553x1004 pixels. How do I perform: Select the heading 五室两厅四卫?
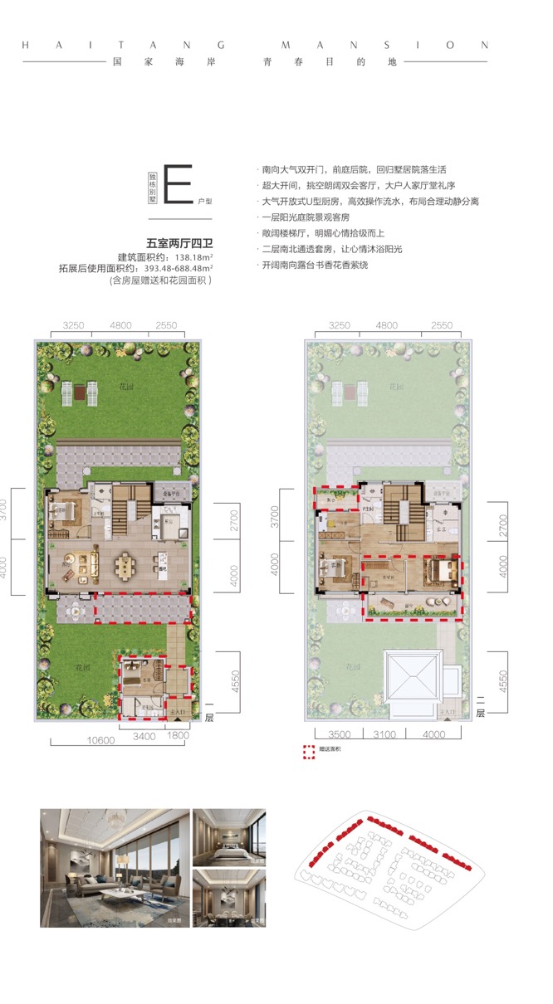(x=179, y=243)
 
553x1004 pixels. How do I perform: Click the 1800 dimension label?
(x=178, y=734)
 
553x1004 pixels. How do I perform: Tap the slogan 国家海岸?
(x=146, y=62)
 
